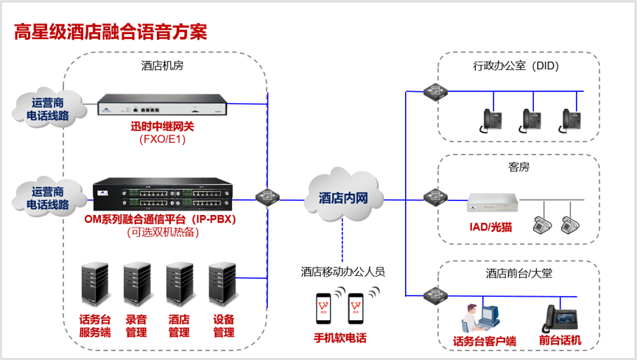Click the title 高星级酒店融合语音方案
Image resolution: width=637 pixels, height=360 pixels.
[x=111, y=32]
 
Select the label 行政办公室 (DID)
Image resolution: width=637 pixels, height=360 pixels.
[x=516, y=66]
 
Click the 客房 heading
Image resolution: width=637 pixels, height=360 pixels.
[x=518, y=167]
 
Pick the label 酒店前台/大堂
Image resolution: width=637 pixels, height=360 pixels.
[x=518, y=273]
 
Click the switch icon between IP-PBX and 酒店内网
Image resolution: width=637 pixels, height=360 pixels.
[x=267, y=197]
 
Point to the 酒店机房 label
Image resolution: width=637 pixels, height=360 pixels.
[x=162, y=66]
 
